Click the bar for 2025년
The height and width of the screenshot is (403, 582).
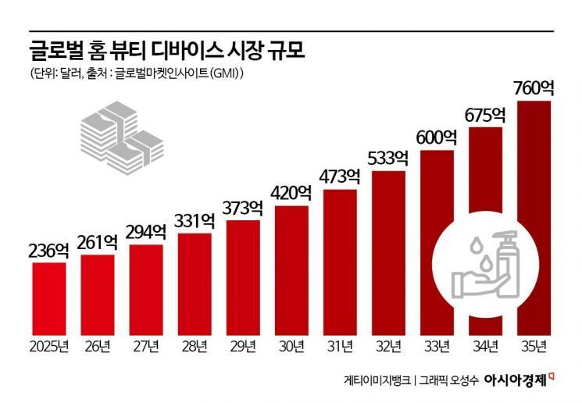[49, 296]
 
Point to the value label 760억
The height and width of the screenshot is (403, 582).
[534, 87]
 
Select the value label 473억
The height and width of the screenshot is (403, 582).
[340, 177]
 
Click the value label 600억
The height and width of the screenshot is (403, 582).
[437, 137]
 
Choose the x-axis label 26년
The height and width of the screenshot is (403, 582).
[98, 344]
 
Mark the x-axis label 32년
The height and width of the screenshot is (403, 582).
[388, 344]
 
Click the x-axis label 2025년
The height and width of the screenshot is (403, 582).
[49, 344]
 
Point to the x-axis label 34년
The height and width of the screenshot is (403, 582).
[485, 344]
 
